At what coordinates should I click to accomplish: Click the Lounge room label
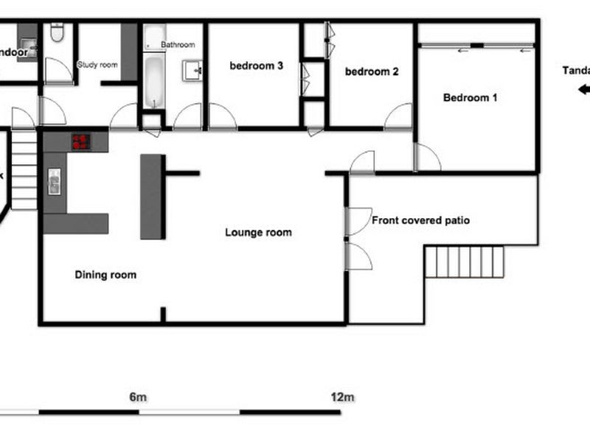(x=258, y=233)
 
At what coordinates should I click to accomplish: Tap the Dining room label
(x=105, y=276)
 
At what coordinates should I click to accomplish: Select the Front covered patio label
(x=420, y=220)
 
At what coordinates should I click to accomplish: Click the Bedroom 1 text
(x=470, y=97)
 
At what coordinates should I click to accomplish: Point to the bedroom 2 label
(x=372, y=72)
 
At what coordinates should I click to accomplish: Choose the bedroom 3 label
(x=257, y=66)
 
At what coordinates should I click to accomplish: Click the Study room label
(x=97, y=65)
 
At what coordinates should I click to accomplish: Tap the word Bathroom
(x=178, y=45)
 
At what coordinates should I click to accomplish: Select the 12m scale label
(x=343, y=398)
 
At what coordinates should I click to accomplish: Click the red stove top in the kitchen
(x=80, y=141)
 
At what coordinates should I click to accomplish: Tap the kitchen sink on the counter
(x=54, y=181)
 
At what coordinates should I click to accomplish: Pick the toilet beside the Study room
(x=57, y=33)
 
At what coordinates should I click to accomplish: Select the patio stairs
(x=463, y=262)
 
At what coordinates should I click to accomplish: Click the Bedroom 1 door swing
(x=428, y=158)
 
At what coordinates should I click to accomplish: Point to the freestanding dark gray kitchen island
(x=152, y=196)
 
